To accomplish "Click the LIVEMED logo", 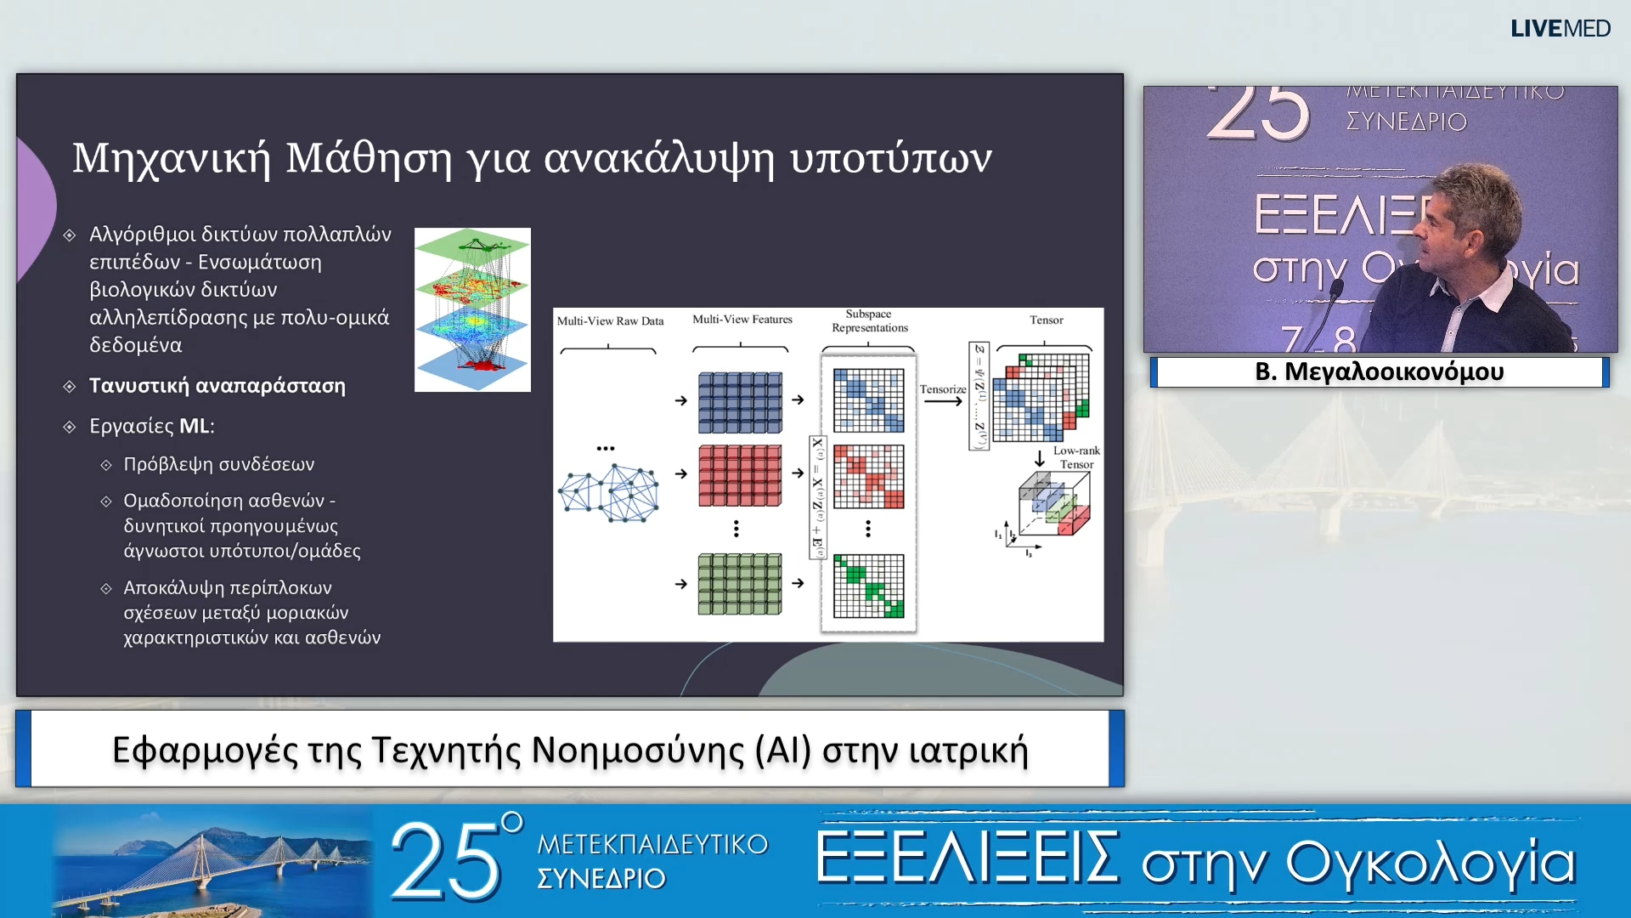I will (1560, 29).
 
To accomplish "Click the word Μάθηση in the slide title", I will (368, 158).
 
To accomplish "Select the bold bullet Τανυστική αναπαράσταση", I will (217, 386).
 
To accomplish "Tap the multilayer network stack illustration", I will (472, 309).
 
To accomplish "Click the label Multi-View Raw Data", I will (610, 321).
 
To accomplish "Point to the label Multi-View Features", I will (742, 320).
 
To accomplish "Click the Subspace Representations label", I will (869, 321).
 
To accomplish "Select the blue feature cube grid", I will (740, 403).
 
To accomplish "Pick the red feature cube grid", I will (740, 475).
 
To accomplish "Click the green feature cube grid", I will (740, 584).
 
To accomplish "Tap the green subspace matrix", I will (868, 586).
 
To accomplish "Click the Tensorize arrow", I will (942, 400).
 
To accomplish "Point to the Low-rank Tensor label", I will (1075, 457).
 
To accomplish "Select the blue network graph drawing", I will (608, 492).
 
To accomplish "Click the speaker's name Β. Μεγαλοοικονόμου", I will (1379, 372).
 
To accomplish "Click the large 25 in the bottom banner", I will (447, 862).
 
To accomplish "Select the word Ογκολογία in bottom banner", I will (1431, 862).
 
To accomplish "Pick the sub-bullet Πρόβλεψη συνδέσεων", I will (218, 465).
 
